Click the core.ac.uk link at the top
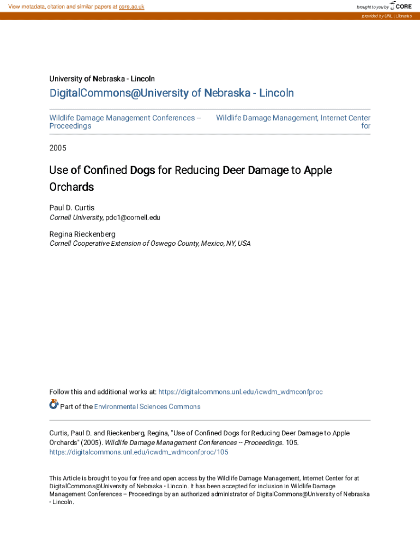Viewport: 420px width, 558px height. point(131,7)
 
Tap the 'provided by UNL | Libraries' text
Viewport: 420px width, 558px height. point(386,16)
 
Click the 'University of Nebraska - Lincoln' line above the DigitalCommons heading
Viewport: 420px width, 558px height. point(102,78)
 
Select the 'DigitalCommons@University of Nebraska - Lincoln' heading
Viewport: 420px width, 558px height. point(171,93)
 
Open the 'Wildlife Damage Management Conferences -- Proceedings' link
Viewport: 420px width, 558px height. point(125,122)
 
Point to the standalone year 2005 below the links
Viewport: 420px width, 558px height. point(57,148)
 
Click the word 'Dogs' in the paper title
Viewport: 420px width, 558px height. point(142,170)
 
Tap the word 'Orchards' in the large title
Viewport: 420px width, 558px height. point(71,187)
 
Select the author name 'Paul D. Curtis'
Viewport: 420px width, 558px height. point(71,208)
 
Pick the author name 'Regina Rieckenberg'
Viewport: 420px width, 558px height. point(82,234)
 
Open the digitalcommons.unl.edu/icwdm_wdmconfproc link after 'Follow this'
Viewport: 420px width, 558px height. point(240,392)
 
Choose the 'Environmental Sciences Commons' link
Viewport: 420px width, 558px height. point(147,407)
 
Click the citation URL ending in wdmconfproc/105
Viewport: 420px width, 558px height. point(139,452)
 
